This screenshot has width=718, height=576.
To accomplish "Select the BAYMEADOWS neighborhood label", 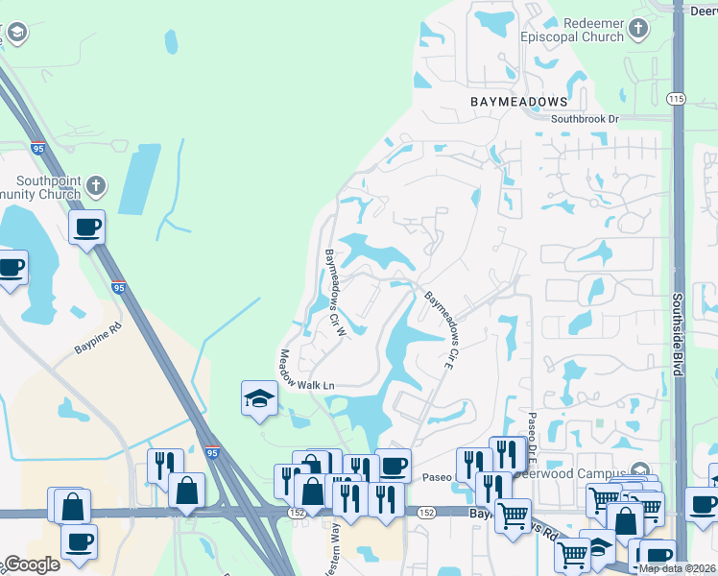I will pyautogui.click(x=518, y=100).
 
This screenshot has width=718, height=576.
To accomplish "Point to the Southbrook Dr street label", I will pyautogui.click(x=585, y=119).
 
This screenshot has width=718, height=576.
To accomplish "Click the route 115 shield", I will pyautogui.click(x=677, y=99).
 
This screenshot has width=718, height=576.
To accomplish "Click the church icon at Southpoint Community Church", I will pyautogui.click(x=94, y=184).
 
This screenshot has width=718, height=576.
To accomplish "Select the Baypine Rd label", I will pyautogui.click(x=99, y=340).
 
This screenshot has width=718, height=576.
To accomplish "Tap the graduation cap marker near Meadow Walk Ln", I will pyautogui.click(x=258, y=398).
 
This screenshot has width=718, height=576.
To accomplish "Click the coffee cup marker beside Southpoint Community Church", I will pyautogui.click(x=86, y=228).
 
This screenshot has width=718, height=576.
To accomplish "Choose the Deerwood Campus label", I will pyautogui.click(x=567, y=473).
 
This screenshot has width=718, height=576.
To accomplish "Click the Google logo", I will pyautogui.click(x=31, y=564).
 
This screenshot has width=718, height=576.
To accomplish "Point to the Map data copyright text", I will pyautogui.click(x=678, y=568).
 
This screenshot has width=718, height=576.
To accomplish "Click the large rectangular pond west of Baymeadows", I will pyautogui.click(x=139, y=180).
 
